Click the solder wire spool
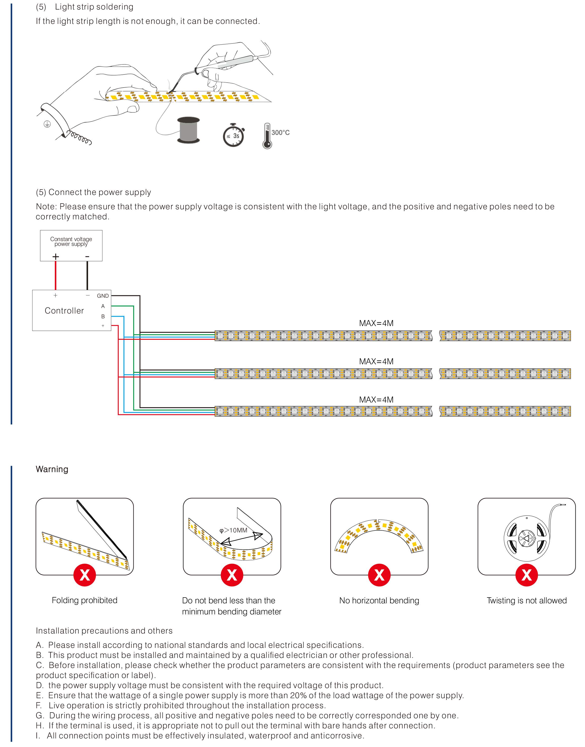pos(188,130)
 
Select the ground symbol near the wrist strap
pos(47,124)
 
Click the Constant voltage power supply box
pos(71,245)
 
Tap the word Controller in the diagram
pos(64,311)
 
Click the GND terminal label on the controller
pos(103,296)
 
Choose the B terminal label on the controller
pos(103,317)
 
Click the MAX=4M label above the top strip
pos(376,323)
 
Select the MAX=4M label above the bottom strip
pos(376,400)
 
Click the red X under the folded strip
pos(85,575)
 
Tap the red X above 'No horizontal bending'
pos(379,575)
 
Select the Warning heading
pos(52,469)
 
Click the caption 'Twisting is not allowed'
pos(526,600)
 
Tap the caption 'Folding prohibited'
pos(85,600)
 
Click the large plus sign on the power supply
pos(56,256)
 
